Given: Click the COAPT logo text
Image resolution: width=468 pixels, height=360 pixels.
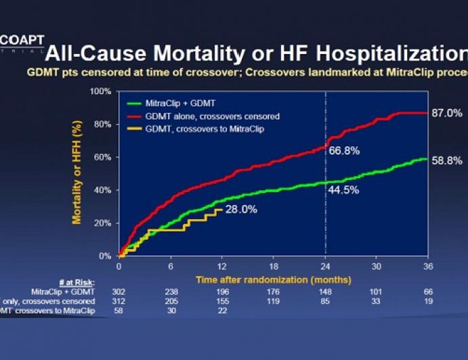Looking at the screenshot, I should click(x=22, y=41).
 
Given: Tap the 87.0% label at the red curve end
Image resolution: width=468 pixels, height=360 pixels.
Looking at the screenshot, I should click(x=446, y=113).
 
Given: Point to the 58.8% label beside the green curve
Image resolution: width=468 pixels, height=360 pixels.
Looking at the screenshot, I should click(x=446, y=161).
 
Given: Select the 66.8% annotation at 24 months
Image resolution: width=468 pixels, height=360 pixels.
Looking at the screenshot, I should click(x=343, y=150).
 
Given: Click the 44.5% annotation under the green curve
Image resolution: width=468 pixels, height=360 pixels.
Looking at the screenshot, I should click(x=343, y=192).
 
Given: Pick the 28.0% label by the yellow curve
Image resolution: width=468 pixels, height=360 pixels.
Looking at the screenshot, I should click(x=241, y=210).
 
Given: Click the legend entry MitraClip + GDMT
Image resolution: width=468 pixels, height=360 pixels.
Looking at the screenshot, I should click(x=178, y=104).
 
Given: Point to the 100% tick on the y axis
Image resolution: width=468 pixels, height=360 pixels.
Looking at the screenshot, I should click(x=100, y=91).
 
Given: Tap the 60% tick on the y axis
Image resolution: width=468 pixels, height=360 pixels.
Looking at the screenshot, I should click(x=102, y=157).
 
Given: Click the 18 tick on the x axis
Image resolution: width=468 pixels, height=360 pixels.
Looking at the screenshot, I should click(x=274, y=267).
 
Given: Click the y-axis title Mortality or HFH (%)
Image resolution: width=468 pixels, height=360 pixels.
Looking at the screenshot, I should click(x=77, y=173).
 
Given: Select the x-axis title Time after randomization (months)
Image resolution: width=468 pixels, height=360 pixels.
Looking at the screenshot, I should click(x=273, y=279).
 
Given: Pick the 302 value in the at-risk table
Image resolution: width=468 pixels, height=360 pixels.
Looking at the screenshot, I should click(x=119, y=291).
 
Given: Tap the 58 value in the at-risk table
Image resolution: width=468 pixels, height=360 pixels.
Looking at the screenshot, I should click(x=119, y=310).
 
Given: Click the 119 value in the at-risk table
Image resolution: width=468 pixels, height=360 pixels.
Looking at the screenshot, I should click(x=274, y=300).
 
